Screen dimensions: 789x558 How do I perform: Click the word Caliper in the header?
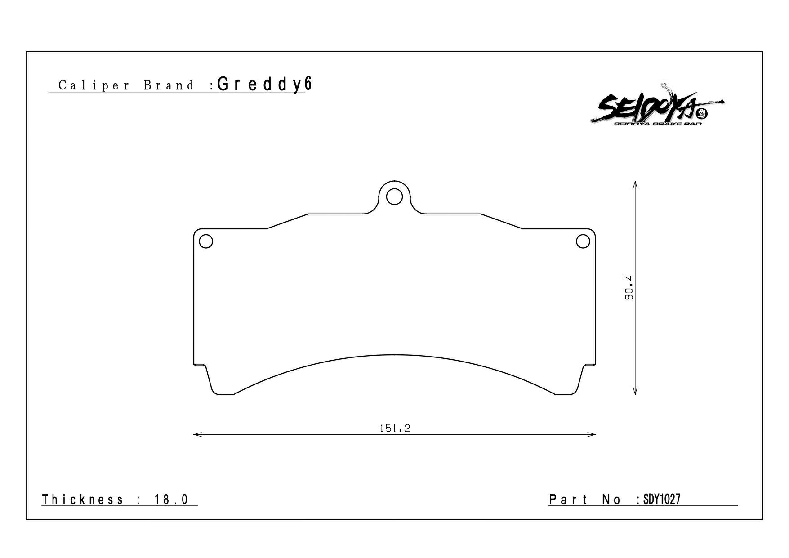click(x=94, y=85)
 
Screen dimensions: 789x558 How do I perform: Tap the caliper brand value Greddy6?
click(x=264, y=84)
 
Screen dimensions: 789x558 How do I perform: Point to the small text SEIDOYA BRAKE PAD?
click(x=657, y=124)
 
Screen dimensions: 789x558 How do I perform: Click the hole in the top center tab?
click(x=394, y=196)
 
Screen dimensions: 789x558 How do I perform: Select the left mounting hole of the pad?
click(x=205, y=241)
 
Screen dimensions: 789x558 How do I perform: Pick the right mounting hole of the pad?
click(x=583, y=241)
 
